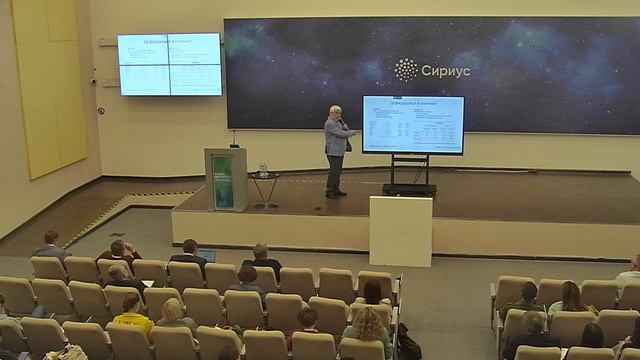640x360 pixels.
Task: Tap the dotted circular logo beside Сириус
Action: click(406, 70)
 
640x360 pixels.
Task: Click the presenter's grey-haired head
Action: click(336, 111)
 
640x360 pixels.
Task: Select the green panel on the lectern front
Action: click(222, 181)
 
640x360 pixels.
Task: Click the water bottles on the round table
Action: click(263, 168)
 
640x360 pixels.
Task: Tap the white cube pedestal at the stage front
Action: click(400, 230)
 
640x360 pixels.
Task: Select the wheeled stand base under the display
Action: click(410, 188)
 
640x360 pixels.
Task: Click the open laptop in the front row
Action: click(206, 255)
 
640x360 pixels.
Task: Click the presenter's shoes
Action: click(336, 193)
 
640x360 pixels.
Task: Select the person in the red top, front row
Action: click(119, 252)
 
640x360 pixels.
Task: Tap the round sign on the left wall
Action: click(100, 110)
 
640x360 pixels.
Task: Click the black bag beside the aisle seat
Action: click(407, 344)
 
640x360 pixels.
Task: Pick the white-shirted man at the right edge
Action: click(631, 271)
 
